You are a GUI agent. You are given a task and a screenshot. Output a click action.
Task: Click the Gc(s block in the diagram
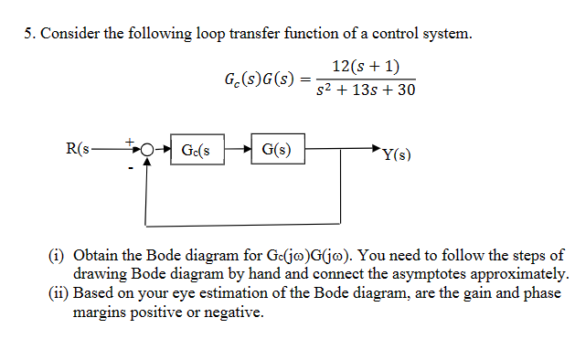[197, 150]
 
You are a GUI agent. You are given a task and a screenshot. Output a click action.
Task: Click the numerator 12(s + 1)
[365, 67]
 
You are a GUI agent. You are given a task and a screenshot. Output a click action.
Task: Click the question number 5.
[29, 35]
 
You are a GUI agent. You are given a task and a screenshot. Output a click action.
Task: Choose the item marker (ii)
[57, 293]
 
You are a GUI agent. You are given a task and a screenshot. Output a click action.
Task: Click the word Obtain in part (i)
[97, 255]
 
